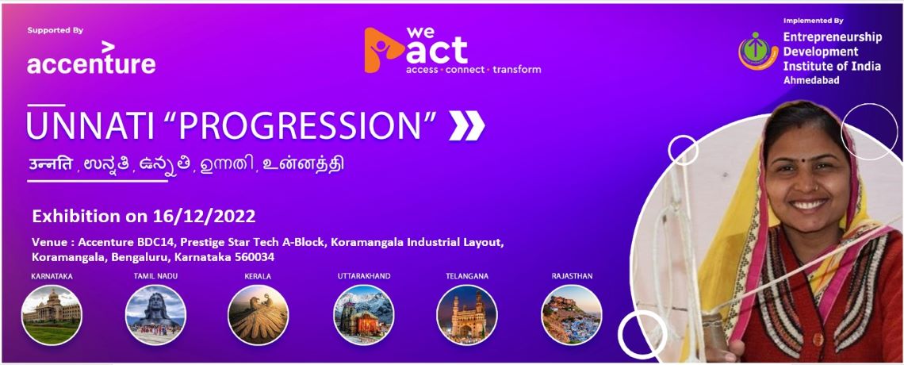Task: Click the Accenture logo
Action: [91, 58]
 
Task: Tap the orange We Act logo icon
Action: [384, 51]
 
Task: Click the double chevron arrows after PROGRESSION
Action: [466, 125]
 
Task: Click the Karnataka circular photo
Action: [52, 315]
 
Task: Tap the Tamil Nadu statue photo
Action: [155, 315]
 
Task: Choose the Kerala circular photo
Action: [259, 315]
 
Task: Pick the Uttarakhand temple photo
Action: [364, 315]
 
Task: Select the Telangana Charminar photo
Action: [467, 315]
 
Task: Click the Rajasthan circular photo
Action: [571, 315]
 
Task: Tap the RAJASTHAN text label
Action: [572, 276]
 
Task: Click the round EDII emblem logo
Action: [758, 51]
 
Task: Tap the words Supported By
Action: [56, 30]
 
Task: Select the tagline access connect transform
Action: [473, 70]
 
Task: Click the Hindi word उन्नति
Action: [52, 163]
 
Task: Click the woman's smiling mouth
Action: [809, 204]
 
